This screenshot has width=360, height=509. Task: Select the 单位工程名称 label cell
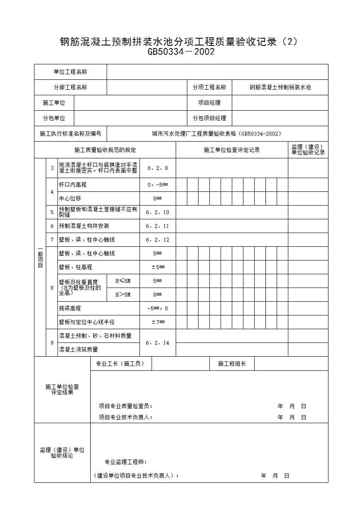tap(70, 72)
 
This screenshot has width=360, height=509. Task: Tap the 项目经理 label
tap(209, 103)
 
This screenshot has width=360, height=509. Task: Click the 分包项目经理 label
tap(209, 118)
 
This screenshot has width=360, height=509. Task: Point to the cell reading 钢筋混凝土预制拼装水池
tap(280, 87)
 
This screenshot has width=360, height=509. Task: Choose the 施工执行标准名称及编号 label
tap(70, 133)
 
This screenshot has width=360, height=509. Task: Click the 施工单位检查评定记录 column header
tap(232, 150)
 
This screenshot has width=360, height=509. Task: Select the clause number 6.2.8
tap(158, 168)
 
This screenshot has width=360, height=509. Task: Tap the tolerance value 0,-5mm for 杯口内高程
tap(158, 185)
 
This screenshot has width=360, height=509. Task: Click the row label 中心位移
tap(70, 198)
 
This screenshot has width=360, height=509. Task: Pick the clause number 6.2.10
tap(158, 212)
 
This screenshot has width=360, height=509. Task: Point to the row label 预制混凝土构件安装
tap(84, 226)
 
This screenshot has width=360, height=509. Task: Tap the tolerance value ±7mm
tap(158, 322)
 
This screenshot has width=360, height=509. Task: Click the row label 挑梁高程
tap(70, 308)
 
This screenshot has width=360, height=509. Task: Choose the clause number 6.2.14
tap(158, 342)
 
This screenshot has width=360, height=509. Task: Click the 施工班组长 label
tap(232, 364)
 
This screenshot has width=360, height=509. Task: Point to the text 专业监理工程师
tap(126, 462)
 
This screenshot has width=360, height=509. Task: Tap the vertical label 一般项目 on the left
tap(40, 258)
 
